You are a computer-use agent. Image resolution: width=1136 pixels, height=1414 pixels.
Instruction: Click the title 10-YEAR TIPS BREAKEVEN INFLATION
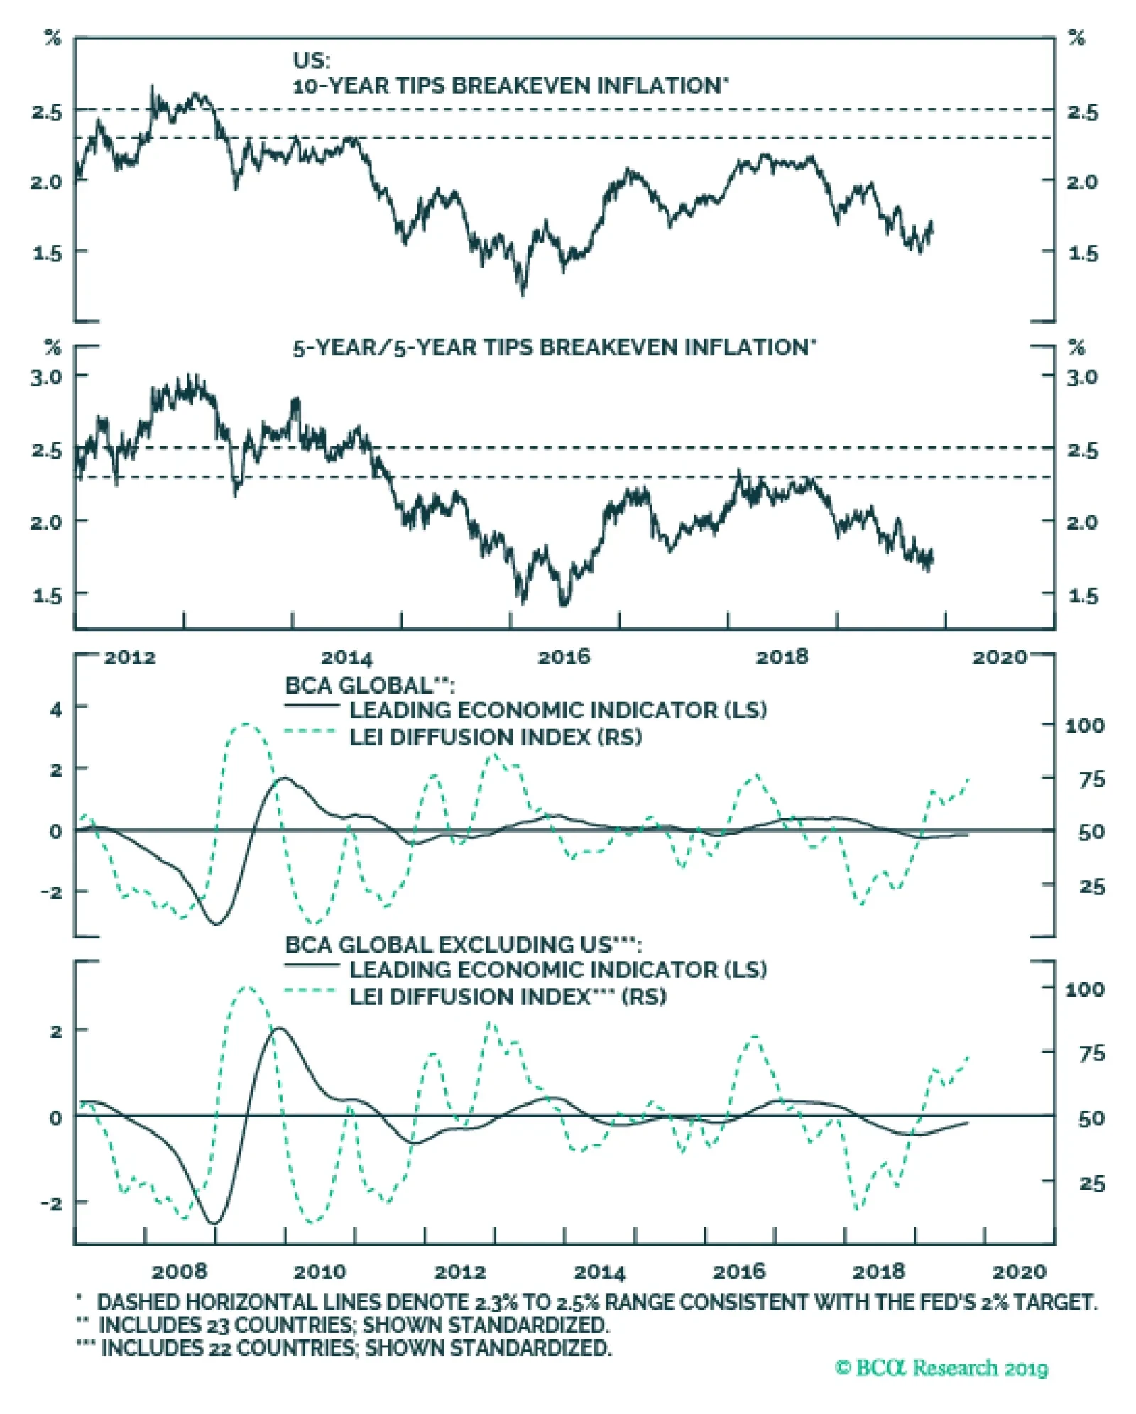pos(510,86)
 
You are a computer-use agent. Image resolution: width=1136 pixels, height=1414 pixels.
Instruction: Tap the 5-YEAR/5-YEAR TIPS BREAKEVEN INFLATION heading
pos(554,347)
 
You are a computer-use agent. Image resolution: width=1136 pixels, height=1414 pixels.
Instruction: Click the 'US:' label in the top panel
pos(312,60)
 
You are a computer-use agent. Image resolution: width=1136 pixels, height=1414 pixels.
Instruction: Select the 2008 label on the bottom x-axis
pos(180,1270)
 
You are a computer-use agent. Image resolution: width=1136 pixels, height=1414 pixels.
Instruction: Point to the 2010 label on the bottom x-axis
pos(319,1270)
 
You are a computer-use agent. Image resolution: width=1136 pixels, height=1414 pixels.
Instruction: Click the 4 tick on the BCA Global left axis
pos(55,708)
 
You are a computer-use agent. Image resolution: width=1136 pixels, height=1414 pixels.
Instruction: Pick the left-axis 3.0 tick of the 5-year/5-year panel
pos(46,376)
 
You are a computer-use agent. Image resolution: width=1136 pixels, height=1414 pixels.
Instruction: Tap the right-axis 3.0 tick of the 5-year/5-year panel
pos(1082,376)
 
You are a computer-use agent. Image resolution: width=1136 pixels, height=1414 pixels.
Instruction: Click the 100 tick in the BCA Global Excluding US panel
pos(1084,988)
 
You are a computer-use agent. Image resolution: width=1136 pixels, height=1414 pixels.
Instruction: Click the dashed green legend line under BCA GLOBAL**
pos(311,731)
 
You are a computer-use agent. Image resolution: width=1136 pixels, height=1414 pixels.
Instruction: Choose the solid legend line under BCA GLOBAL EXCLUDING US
pos(311,965)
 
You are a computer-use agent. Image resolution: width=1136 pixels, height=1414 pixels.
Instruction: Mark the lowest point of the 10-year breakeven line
pos(523,293)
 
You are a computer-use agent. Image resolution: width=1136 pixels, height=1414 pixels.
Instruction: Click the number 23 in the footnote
pos(217,1325)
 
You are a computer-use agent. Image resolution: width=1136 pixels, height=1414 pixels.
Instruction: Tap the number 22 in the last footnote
pos(219,1347)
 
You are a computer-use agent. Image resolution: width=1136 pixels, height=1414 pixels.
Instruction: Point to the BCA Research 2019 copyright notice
pos(941,1368)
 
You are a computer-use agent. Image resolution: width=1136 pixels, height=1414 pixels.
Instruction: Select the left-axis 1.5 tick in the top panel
pos(48,253)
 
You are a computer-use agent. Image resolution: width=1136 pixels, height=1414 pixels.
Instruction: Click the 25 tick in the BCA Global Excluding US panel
pos(1091,1183)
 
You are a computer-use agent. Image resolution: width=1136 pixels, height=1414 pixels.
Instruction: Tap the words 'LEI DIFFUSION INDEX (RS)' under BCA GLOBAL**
pos(495,738)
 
